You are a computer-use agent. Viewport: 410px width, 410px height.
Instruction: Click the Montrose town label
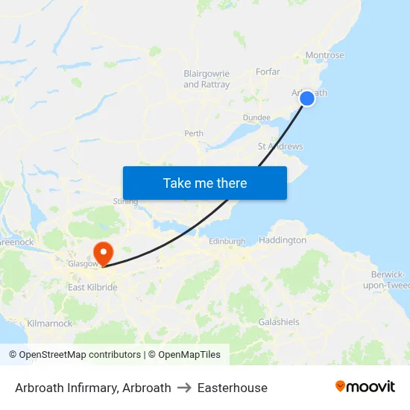325,55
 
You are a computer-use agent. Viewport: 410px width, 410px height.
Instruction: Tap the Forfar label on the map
268,72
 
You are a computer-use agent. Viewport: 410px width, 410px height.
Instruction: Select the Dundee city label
256,118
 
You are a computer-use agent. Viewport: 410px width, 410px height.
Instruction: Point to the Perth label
194,134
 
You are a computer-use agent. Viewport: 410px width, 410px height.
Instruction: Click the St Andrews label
280,146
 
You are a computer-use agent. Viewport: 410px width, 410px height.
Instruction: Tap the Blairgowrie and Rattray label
206,79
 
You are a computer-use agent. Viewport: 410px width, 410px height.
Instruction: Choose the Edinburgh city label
227,241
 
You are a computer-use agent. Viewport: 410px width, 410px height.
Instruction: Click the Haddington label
283,240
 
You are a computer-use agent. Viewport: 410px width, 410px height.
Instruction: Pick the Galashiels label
279,322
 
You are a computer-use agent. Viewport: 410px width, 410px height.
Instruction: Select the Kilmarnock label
49,324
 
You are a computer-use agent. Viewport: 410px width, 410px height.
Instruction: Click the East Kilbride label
92,287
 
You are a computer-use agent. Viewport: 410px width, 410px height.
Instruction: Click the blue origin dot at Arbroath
307,98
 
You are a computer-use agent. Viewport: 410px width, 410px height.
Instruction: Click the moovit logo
365,387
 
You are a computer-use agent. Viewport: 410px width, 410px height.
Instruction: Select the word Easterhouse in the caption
232,388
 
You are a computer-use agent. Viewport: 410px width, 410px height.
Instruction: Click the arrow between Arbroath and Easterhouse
184,388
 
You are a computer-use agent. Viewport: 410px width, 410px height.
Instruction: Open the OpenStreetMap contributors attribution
75,355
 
